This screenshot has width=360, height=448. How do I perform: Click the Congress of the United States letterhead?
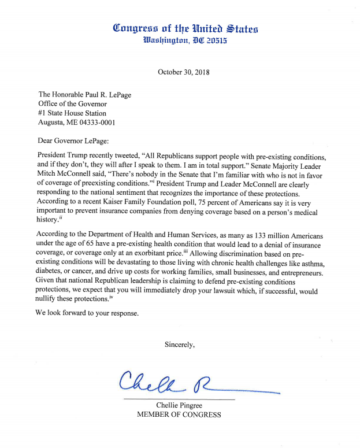click(185, 28)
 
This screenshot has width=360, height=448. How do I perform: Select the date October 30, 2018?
click(183, 72)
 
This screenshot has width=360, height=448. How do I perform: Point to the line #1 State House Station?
click(72, 113)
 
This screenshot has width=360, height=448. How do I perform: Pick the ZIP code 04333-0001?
click(98, 123)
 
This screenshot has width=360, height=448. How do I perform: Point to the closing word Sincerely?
click(180, 345)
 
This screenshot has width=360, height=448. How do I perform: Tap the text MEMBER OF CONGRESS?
click(179, 415)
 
